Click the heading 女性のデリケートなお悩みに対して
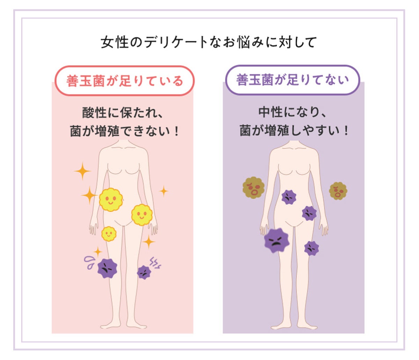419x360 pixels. pyautogui.click(x=208, y=42)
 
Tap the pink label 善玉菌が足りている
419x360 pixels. pyautogui.click(x=124, y=81)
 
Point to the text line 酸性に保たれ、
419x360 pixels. pyautogui.click(x=123, y=113)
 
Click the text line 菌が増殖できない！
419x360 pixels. pyautogui.click(x=124, y=131)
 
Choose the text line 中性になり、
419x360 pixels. pyautogui.click(x=293, y=112)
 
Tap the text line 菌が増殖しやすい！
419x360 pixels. pyautogui.click(x=294, y=131)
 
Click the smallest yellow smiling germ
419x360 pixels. pyautogui.click(x=109, y=233)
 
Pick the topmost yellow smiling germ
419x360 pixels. pyautogui.click(x=111, y=200)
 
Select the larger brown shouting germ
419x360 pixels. pyautogui.click(x=253, y=188)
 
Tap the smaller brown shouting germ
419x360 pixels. pyautogui.click(x=338, y=191)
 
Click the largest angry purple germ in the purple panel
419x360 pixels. pyautogui.click(x=277, y=240)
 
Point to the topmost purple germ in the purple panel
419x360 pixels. pyautogui.click(x=289, y=197)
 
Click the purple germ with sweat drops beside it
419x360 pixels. pyautogui.click(x=107, y=268)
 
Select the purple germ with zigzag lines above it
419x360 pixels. pyautogui.click(x=144, y=272)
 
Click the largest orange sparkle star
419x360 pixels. pyautogui.click(x=82, y=171)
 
